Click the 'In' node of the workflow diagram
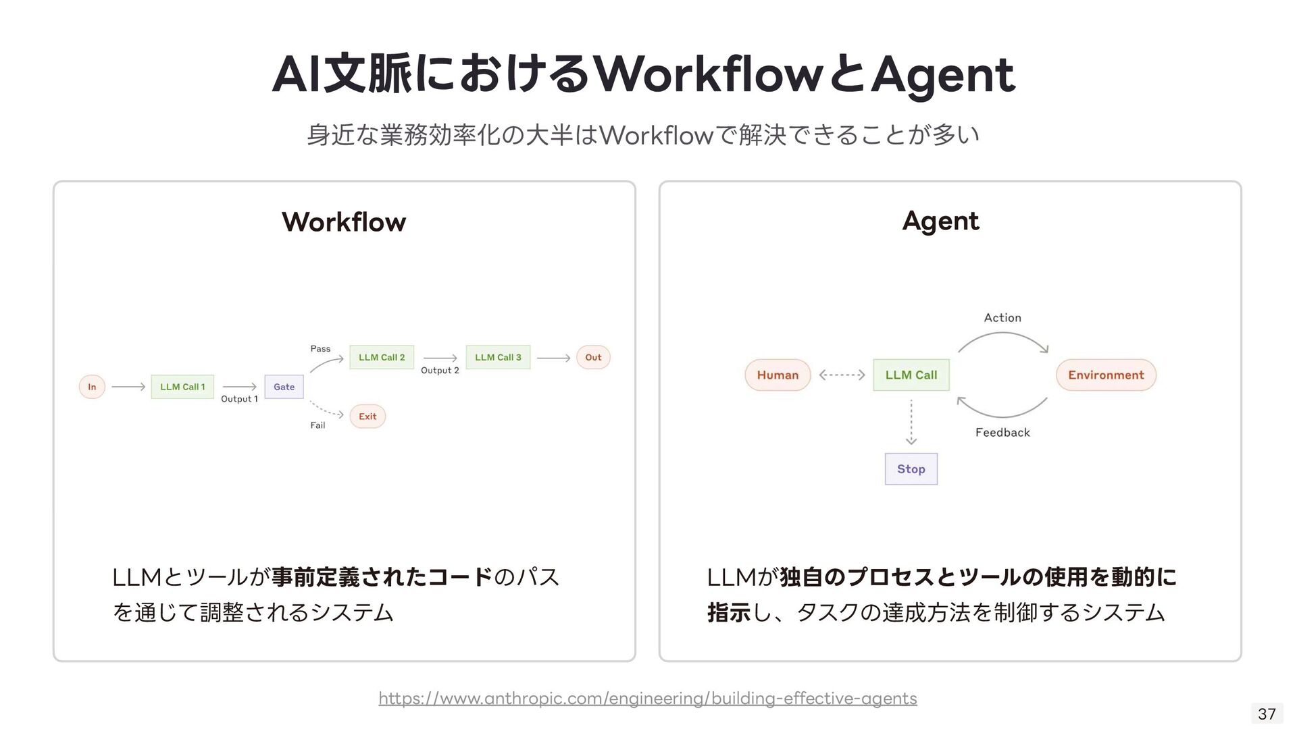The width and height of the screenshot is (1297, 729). pos(92,387)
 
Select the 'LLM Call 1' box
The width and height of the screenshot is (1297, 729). pos(182,387)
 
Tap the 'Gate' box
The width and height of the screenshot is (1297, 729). pos(284,387)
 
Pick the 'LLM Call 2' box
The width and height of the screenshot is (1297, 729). pos(382,357)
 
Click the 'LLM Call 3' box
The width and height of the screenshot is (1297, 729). pos(498,357)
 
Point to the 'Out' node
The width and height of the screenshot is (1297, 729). pos(593,357)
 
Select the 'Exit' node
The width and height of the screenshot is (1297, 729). pos(367,416)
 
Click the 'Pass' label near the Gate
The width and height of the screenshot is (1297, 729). pos(320,349)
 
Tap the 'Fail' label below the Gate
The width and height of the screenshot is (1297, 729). pos(317,425)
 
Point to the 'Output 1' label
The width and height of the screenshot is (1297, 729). pos(239,399)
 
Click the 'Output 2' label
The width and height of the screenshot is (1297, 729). pos(440,371)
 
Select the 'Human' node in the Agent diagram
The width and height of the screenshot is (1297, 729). pos(778,375)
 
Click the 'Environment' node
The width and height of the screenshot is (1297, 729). pos(1106,375)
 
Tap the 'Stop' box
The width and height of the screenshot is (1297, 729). pos(911,469)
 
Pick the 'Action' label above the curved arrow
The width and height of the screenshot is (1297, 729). pos(1002,318)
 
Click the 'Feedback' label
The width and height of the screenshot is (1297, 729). pos(1002,433)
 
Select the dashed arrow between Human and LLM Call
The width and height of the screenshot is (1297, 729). pos(842,375)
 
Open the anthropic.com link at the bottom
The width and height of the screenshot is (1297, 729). pos(648,698)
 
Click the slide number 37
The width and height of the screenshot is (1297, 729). pos(1267,713)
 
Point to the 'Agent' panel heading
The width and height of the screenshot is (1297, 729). pos(940,221)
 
